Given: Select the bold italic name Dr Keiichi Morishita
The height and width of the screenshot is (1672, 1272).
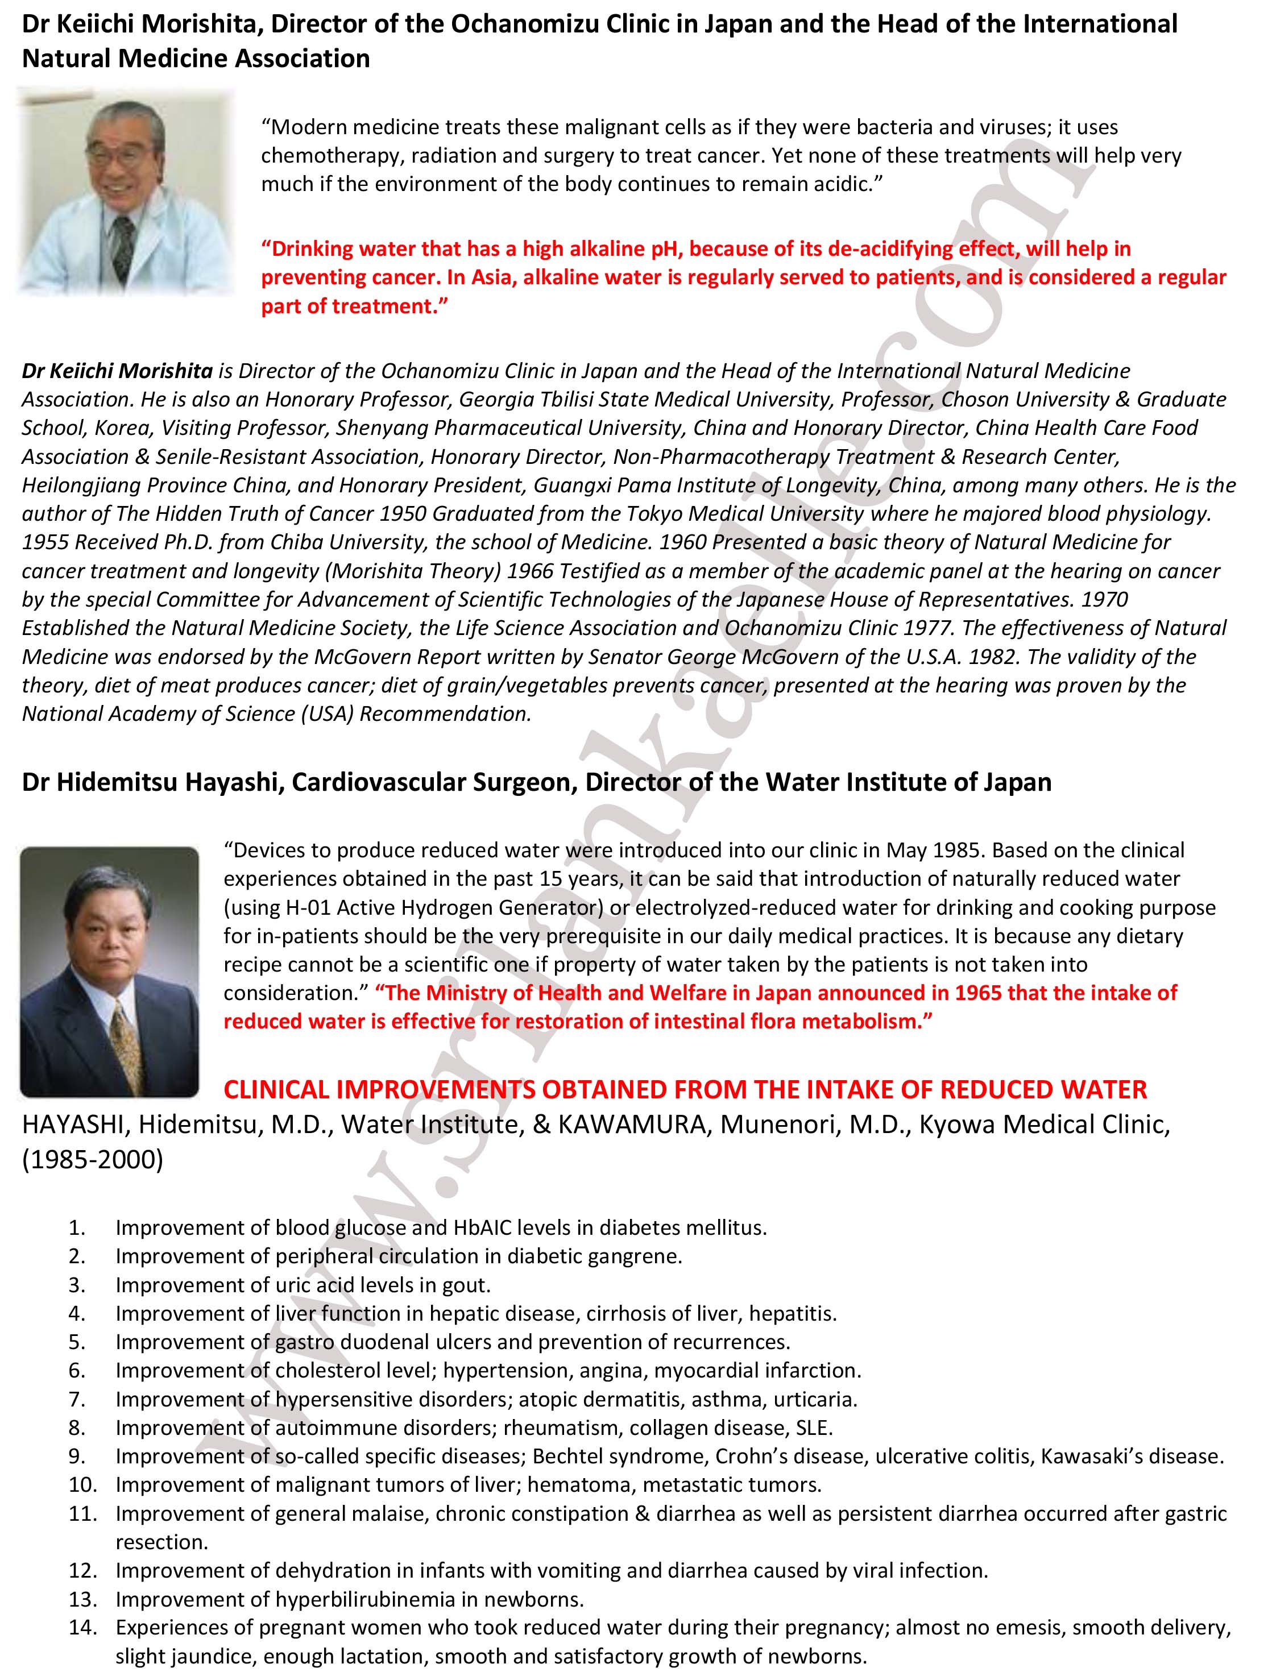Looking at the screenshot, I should pos(117,371).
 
